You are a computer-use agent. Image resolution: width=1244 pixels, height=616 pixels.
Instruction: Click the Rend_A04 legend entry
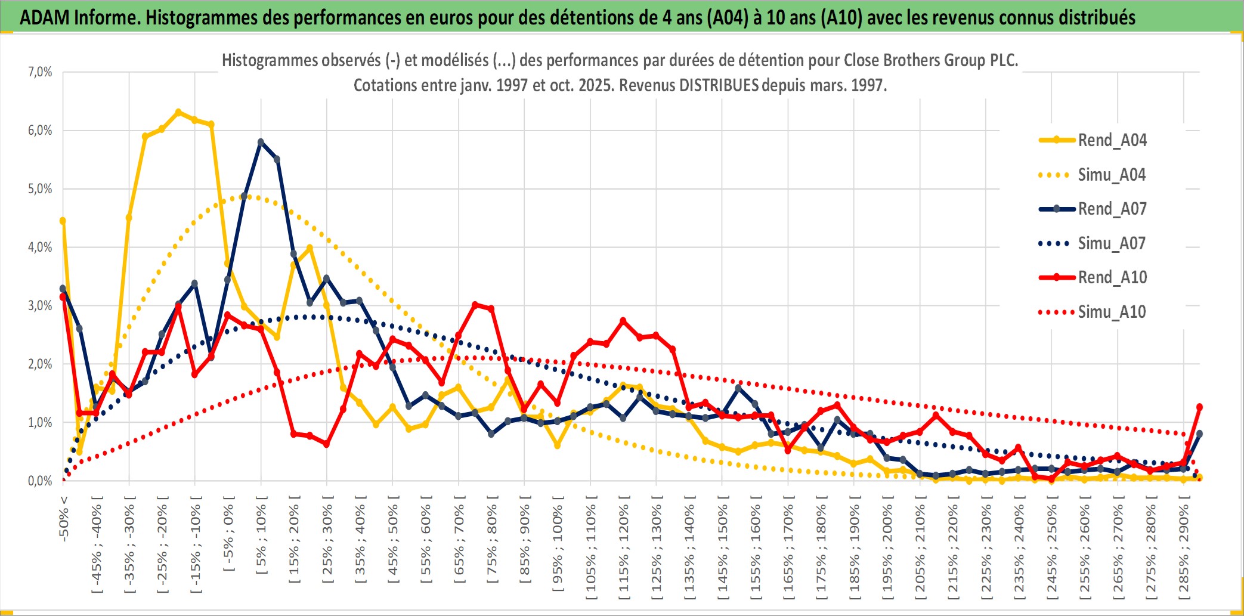click(1112, 140)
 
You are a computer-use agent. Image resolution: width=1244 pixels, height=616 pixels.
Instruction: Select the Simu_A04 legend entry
click(1112, 175)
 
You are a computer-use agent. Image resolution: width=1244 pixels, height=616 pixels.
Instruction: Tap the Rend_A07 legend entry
click(1112, 209)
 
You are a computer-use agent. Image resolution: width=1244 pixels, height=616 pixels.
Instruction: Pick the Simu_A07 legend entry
click(1112, 243)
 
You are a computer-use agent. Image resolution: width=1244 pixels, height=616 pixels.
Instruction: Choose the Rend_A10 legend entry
click(1112, 277)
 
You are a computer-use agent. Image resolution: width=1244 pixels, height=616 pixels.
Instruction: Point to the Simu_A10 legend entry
click(1112, 312)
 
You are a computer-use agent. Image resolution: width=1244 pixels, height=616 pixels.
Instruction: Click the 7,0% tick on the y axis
click(40, 72)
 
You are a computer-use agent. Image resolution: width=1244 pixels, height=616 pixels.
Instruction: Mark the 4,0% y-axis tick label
click(40, 247)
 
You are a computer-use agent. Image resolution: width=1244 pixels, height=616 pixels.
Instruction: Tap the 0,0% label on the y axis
click(40, 481)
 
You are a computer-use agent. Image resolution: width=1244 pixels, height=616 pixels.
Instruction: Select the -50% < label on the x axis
click(64, 519)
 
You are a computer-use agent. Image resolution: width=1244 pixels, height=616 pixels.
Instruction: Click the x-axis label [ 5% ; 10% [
click(261, 540)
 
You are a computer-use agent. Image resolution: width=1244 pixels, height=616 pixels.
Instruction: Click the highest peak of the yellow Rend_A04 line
click(178, 112)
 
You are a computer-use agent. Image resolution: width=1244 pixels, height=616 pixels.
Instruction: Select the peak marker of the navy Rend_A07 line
click(261, 142)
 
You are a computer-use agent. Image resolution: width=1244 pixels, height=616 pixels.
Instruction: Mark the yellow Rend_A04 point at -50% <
click(63, 221)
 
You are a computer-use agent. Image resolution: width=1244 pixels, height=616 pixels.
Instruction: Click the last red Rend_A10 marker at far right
click(1199, 407)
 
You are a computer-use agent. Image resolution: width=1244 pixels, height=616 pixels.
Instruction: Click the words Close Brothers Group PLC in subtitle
click(930, 60)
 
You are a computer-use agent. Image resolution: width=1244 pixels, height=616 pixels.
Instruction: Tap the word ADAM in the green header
click(44, 18)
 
